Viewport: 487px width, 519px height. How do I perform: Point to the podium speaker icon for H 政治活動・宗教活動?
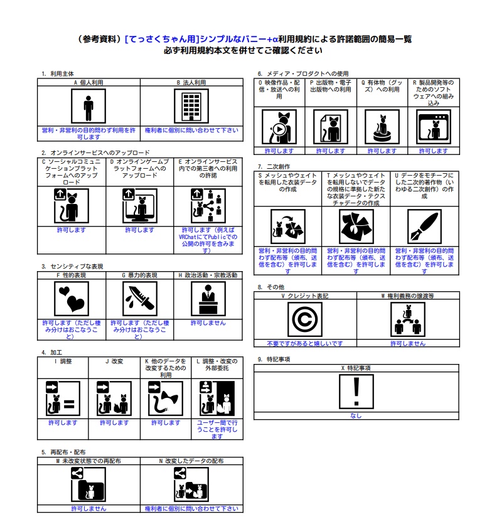208,299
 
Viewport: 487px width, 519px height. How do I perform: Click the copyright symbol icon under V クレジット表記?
305,319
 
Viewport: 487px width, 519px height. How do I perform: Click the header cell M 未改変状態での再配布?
88,461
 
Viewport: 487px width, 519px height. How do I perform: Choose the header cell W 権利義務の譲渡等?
408,296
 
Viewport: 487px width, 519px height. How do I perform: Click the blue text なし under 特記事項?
356,415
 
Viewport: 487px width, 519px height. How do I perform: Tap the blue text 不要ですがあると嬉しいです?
305,343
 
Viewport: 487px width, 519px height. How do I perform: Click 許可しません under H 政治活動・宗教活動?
208,323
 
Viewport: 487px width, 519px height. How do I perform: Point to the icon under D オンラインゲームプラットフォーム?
140,205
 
